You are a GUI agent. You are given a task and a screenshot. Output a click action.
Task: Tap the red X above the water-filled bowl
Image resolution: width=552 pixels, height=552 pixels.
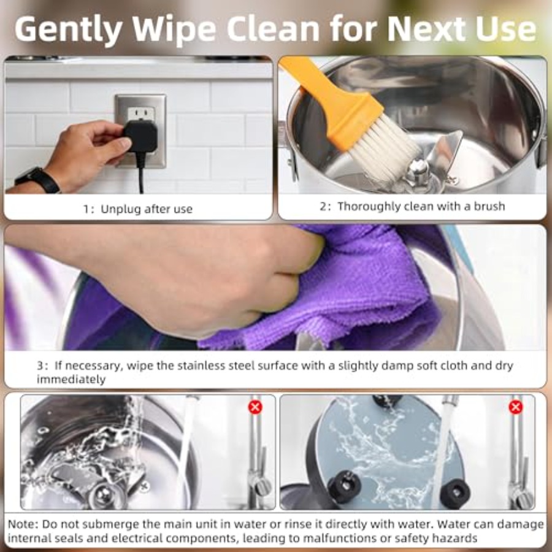pos(255,407)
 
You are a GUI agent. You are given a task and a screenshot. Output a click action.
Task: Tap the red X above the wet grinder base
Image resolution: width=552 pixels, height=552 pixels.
pos(515,407)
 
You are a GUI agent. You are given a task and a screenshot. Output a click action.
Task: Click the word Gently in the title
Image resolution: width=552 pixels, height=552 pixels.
pos(69,29)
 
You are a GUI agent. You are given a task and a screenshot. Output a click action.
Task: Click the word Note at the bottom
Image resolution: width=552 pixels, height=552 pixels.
pos(22,524)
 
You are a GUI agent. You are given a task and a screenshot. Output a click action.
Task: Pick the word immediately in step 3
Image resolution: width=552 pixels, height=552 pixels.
pos(71,380)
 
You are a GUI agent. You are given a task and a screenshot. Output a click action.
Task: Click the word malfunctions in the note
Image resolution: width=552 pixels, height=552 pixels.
pos(339,539)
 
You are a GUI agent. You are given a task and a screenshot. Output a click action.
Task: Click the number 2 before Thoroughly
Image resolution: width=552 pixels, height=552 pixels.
pos(323,206)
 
